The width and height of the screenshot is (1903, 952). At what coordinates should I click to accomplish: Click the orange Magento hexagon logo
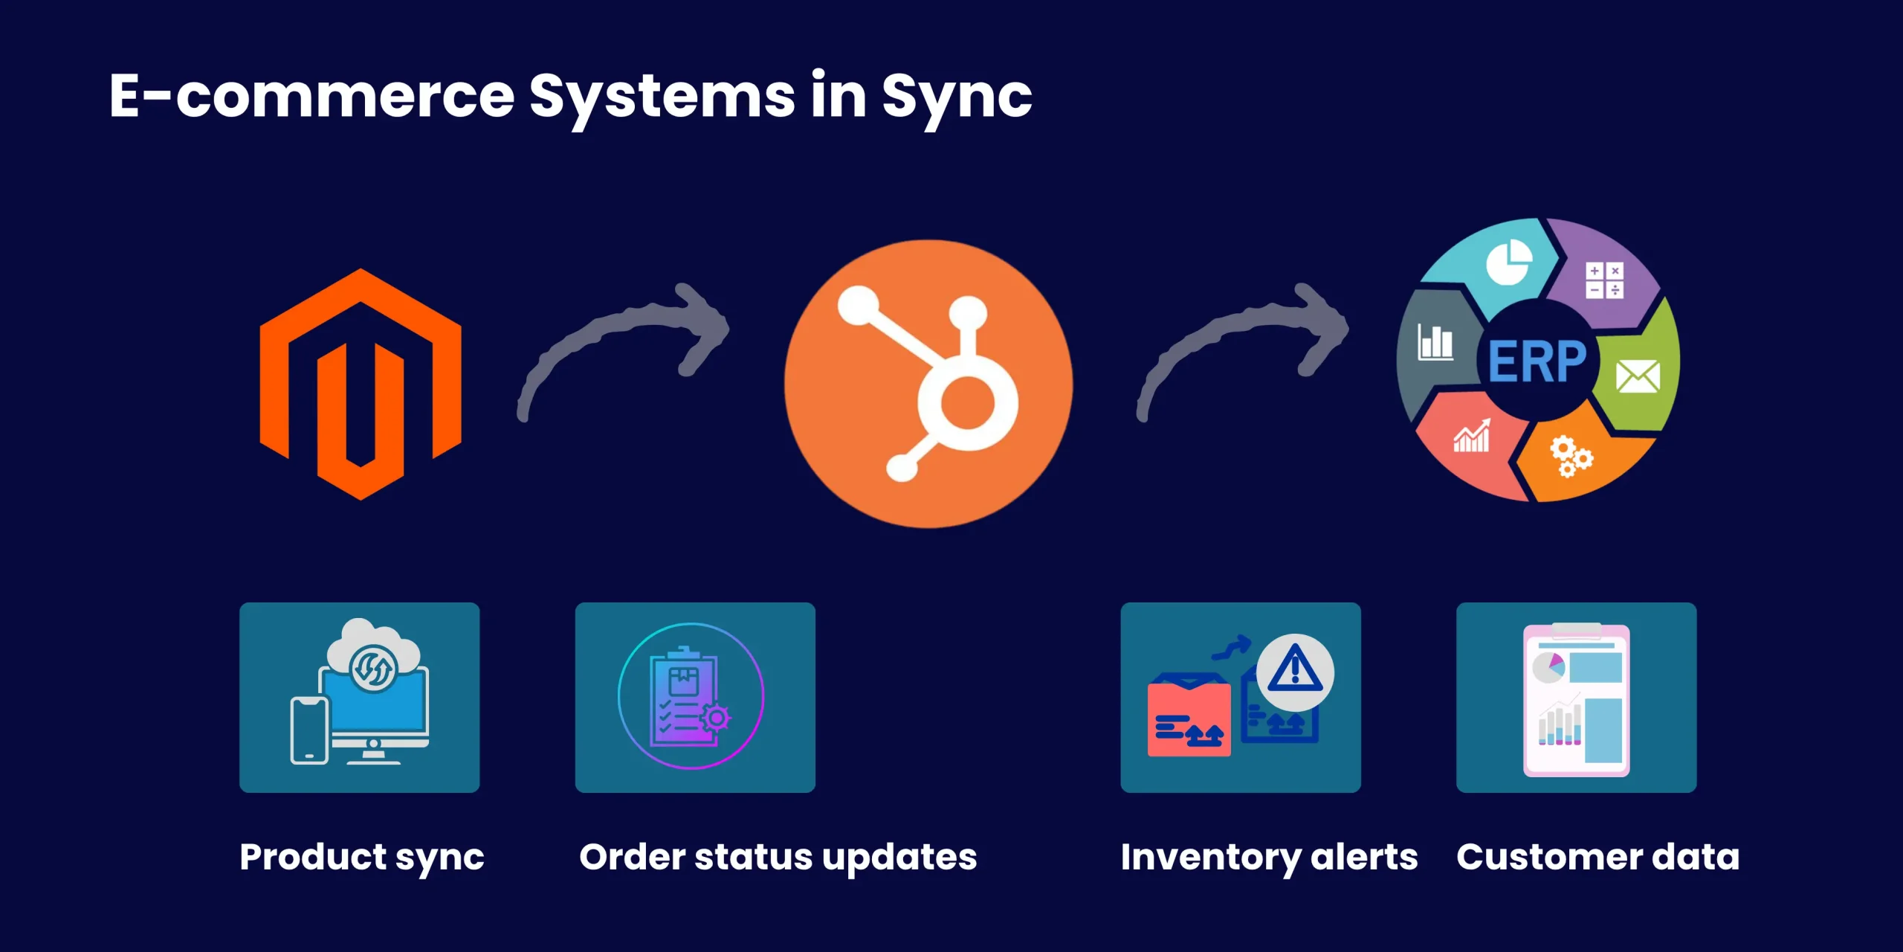361,384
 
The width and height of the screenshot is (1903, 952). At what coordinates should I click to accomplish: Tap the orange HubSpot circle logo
928,384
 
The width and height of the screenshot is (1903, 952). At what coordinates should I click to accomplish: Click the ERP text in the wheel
1537,362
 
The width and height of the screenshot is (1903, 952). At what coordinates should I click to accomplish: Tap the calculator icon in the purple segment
1604,280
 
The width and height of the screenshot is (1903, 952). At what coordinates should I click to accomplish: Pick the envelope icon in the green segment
1638,376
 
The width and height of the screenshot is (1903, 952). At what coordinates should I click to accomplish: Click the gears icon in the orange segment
1570,455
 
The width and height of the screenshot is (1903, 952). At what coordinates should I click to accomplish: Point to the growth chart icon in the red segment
1472,437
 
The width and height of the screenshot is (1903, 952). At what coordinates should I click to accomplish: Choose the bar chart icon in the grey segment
1435,342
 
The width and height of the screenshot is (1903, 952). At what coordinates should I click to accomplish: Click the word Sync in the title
957,97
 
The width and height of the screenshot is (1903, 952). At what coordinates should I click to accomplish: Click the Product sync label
362,858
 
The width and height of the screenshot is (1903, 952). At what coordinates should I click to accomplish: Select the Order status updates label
778,858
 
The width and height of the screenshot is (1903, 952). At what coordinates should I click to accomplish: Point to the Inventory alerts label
1269,858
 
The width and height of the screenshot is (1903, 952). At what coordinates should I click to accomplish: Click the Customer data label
1597,858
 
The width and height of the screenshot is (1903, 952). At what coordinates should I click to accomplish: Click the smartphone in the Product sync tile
309,730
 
